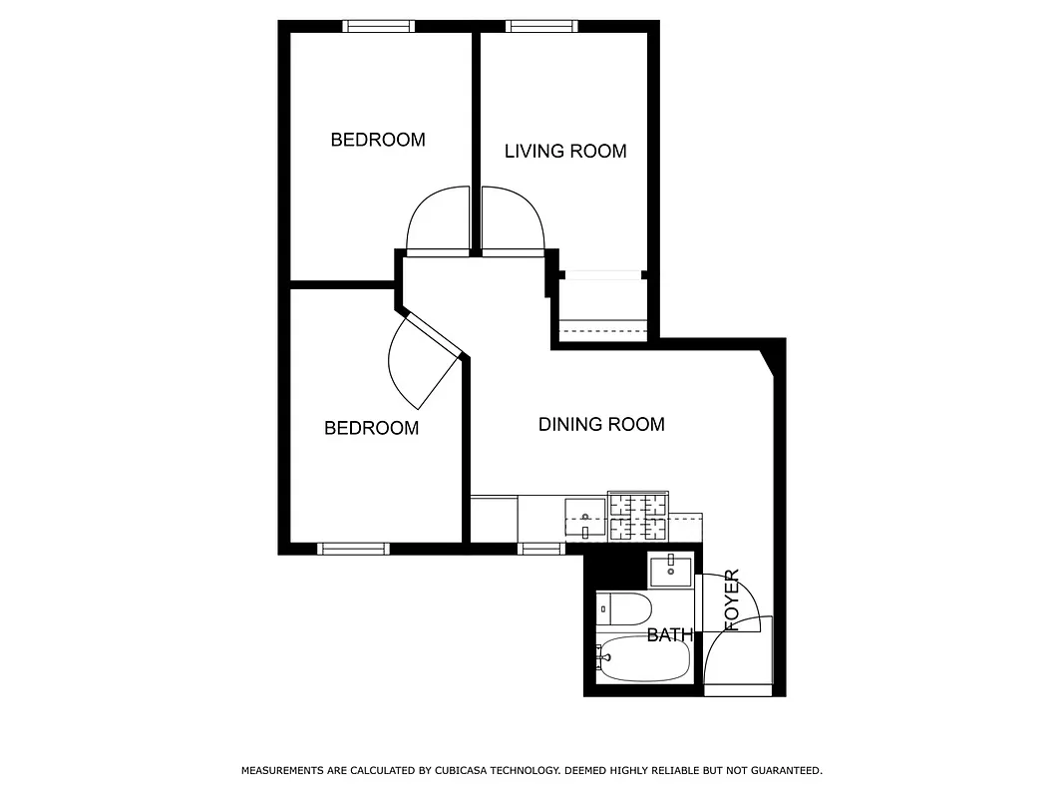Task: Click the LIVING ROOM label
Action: coord(565,152)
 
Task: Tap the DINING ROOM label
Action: coord(601,425)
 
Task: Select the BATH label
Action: coord(669,634)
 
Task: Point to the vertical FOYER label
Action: coord(733,599)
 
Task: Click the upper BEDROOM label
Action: coord(378,140)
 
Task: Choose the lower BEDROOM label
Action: coord(371,428)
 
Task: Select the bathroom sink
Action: coord(670,572)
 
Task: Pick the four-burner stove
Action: coord(638,518)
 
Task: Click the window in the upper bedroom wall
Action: coord(379,27)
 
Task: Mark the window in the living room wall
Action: coord(541,27)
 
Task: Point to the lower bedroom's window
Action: coord(353,548)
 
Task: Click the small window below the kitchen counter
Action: coord(541,548)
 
